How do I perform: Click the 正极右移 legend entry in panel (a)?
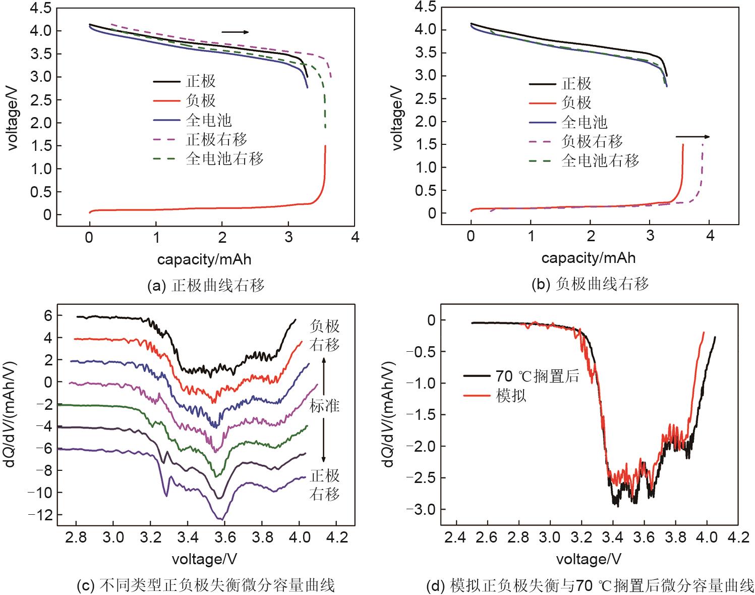(216, 139)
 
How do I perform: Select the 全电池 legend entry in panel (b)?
(584, 122)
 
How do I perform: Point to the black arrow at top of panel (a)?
(235, 32)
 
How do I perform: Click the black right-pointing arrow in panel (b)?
(692, 136)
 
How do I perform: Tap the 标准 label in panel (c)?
(324, 406)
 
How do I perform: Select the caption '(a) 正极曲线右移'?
(206, 286)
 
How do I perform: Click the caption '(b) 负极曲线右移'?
(590, 284)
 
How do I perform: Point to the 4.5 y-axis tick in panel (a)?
(41, 9)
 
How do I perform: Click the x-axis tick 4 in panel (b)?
(710, 235)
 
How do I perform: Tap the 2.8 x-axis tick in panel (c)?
(76, 537)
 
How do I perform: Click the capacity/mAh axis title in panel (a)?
(204, 259)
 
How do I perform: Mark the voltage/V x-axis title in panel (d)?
(588, 559)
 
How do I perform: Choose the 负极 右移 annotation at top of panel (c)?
(324, 336)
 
